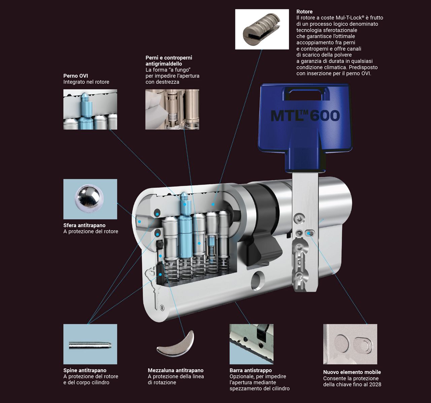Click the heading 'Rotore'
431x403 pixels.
pos(304,12)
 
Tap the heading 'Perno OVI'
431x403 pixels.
pos(75,76)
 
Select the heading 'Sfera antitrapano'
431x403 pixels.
pos(85,225)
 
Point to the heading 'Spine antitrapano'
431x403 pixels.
pos(85,370)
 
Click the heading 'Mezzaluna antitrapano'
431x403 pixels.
pos(175,370)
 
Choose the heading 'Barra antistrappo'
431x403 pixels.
pos(251,370)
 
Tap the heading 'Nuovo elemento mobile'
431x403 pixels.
pos(352,372)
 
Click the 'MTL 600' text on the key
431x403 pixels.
pos(305,116)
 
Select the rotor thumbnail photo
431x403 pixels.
pos(262,29)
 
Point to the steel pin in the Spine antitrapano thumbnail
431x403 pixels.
pos(90,345)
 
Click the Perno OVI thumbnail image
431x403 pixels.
pos(90,110)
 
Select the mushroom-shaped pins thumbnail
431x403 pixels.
pos(172,110)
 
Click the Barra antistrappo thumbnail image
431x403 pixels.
pos(252,344)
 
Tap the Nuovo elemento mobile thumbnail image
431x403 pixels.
pos(350,344)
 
